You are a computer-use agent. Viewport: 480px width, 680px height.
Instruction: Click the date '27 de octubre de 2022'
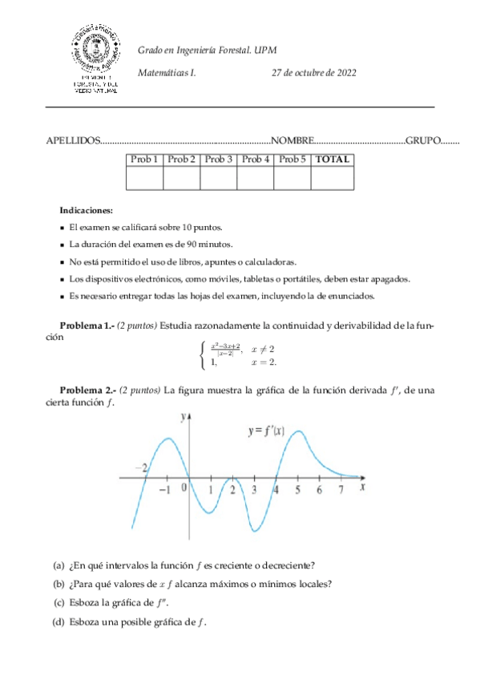click(x=314, y=72)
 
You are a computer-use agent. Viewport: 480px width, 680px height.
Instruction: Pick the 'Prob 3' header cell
click(x=218, y=160)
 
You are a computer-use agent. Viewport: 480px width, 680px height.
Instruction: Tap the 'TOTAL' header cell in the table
click(x=333, y=160)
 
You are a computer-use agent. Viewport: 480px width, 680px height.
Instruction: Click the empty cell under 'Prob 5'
click(x=292, y=178)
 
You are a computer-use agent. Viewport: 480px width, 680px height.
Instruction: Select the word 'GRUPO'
click(x=423, y=140)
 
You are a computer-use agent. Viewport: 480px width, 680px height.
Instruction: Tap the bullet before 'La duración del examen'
click(x=63, y=245)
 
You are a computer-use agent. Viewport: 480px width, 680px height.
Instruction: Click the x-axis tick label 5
click(x=297, y=489)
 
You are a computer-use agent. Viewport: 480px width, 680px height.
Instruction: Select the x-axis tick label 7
click(x=341, y=489)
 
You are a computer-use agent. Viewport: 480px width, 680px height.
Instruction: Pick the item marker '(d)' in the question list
click(x=58, y=622)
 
